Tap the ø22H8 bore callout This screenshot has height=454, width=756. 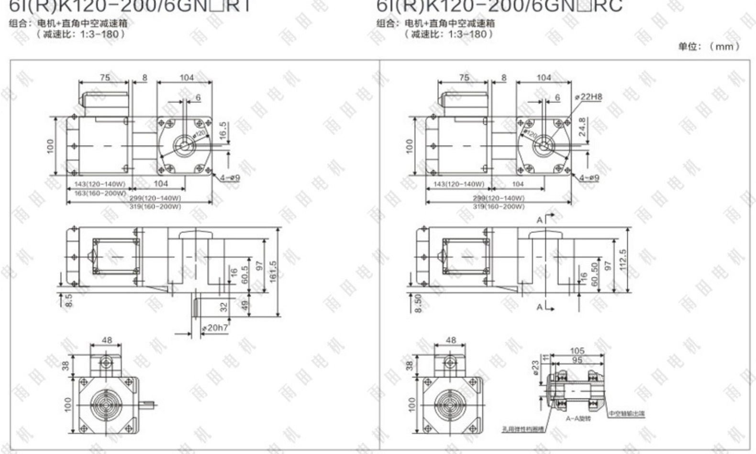589,97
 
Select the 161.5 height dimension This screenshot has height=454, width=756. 273,272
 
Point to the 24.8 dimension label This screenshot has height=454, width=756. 582,127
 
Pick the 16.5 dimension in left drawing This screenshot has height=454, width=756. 223,131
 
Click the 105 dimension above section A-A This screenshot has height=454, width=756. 577,351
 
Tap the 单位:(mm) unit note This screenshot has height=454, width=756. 709,46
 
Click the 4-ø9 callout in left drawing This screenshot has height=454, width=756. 230,178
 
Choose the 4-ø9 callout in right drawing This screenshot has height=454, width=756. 589,178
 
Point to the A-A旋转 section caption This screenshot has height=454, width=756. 578,419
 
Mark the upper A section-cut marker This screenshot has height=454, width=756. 540,220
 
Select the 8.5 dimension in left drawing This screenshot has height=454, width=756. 69,300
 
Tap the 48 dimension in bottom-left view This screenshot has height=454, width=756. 106,340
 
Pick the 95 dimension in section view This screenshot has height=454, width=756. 577,360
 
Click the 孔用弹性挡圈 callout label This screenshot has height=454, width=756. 523,429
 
